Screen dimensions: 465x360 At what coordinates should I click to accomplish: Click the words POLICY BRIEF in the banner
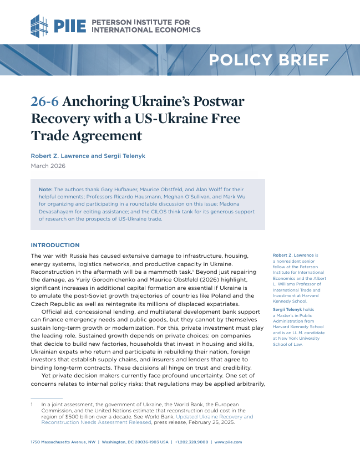pos(268,60)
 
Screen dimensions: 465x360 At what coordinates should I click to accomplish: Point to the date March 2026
pos(48,166)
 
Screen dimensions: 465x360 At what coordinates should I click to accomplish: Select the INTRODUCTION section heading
pos(55,245)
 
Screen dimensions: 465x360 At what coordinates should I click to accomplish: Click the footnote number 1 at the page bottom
pos(32,405)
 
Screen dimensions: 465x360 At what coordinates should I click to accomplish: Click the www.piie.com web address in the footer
pos(228,442)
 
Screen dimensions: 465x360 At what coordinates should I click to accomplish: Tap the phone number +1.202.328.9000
pos(192,442)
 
